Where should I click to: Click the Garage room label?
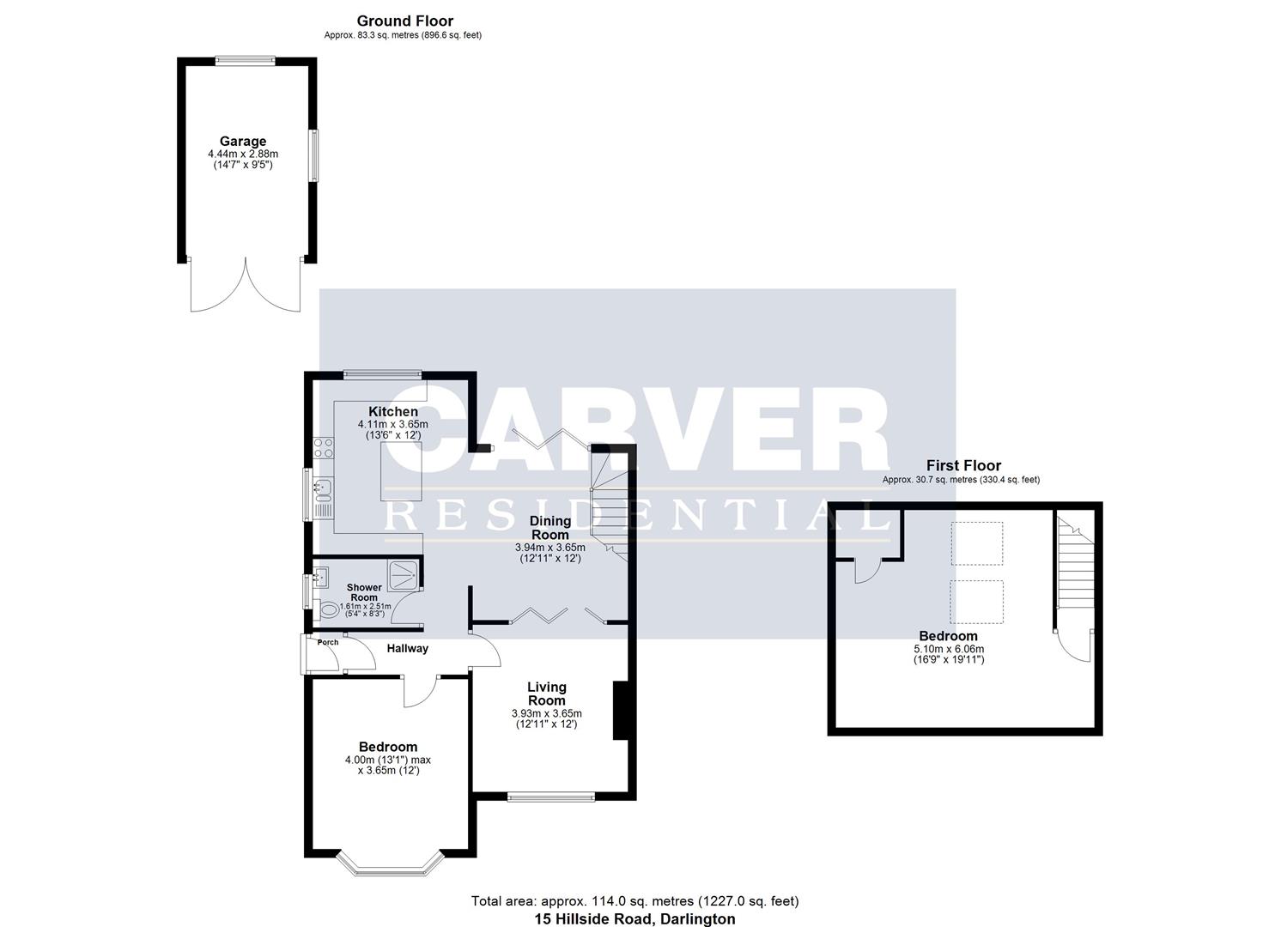pyautogui.click(x=242, y=142)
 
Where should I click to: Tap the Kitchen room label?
pyautogui.click(x=392, y=412)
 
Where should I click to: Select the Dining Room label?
pyautogui.click(x=549, y=527)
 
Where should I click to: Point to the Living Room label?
pyautogui.click(x=546, y=694)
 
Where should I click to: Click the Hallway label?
pyautogui.click(x=407, y=648)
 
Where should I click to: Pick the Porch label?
pyautogui.click(x=327, y=642)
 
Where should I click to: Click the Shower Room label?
pyautogui.click(x=364, y=592)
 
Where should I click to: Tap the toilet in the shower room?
pyautogui.click(x=326, y=609)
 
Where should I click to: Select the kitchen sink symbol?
pyautogui.click(x=322, y=489)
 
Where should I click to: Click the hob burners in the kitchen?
pyautogui.click(x=325, y=447)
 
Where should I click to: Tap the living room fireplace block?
pyautogui.click(x=621, y=710)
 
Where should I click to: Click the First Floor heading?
pyautogui.click(x=963, y=465)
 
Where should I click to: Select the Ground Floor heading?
pyautogui.click(x=404, y=21)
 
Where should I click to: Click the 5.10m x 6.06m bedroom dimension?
pyautogui.click(x=948, y=649)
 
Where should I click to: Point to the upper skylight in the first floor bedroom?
pyautogui.click(x=977, y=543)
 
